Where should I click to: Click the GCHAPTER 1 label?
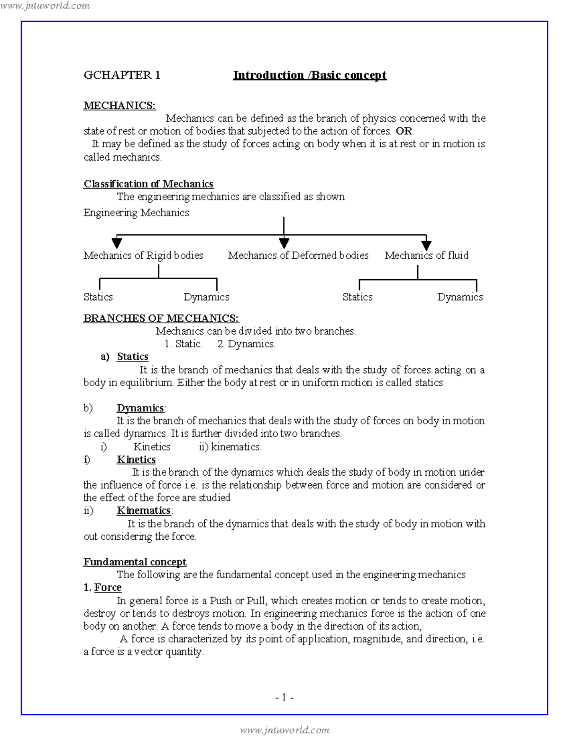122,75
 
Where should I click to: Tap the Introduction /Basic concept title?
310,75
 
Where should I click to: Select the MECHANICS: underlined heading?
119,105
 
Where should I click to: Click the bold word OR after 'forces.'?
404,131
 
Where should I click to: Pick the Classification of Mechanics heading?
148,183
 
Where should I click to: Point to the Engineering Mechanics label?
136,212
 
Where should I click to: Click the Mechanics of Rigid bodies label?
143,255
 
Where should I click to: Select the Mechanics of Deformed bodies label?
298,255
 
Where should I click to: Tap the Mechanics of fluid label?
426,255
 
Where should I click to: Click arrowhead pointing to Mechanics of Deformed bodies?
284,243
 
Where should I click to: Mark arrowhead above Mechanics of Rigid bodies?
117,243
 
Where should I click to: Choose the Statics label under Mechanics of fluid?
358,297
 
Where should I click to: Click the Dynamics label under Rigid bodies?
206,297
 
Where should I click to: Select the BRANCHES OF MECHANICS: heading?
161,318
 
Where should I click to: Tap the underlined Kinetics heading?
136,459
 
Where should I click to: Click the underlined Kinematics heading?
144,510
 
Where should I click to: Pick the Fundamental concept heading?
135,562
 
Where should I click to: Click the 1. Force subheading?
103,587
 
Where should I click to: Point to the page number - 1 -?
284,697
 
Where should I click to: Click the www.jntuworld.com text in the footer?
284,730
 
